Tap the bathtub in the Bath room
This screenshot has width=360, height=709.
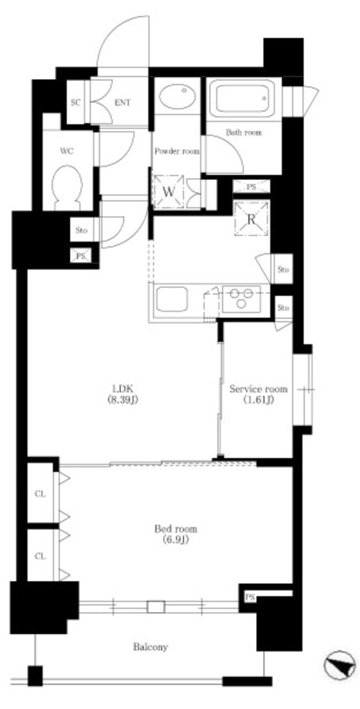[x=244, y=98]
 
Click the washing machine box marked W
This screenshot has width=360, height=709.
[x=169, y=191]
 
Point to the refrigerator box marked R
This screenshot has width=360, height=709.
[x=251, y=219]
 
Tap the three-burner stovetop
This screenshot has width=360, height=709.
[x=241, y=298]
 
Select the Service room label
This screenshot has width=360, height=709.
[x=258, y=394]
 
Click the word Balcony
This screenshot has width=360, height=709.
[x=150, y=647]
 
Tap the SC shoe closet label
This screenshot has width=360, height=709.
[x=75, y=102]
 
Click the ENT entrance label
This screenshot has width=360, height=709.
[x=122, y=102]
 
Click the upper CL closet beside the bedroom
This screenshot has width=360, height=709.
[x=41, y=494]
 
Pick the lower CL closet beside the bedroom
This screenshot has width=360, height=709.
[x=41, y=556]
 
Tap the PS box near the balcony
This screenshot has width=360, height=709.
[x=250, y=598]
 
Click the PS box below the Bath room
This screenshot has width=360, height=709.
[x=251, y=186]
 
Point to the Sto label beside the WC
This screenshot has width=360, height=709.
[x=82, y=231]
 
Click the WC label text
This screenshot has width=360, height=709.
[x=66, y=151]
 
